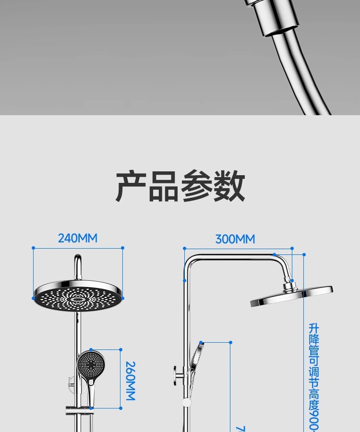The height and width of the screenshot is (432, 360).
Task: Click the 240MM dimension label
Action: coord(78,238)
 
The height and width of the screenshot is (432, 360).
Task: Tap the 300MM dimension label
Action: coord(235,239)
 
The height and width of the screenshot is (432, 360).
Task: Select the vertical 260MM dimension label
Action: coord(130,381)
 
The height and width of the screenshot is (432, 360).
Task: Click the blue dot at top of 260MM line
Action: coord(120,350)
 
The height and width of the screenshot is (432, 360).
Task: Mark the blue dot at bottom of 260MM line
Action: coord(120,408)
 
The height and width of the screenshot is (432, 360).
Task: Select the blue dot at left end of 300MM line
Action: coord(184,249)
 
